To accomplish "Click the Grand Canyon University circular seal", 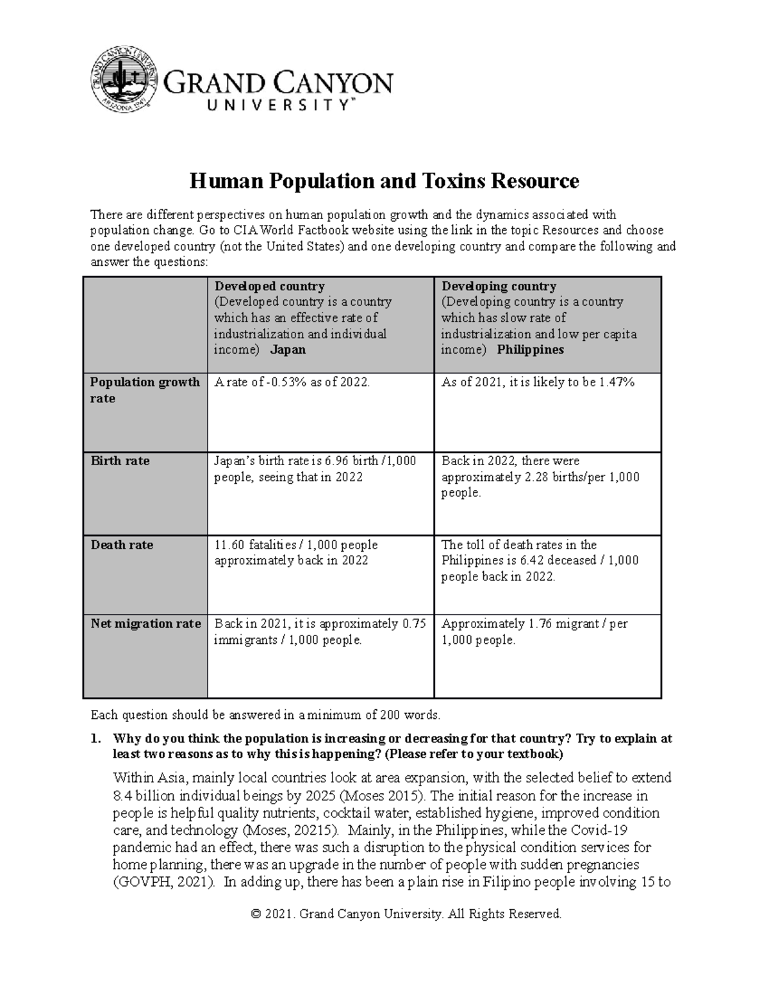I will (x=124, y=80).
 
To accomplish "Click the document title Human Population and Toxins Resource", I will (x=384, y=181).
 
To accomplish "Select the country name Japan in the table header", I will (x=288, y=350).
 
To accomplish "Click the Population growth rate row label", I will (x=145, y=390).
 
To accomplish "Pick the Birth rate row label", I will (x=120, y=461).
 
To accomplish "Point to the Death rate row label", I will (x=122, y=545).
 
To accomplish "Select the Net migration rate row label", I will (x=145, y=623).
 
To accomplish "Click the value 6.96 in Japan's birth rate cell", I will (x=337, y=461).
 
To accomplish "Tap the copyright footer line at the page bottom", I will (x=406, y=914).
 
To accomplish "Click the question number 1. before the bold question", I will (x=95, y=738).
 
